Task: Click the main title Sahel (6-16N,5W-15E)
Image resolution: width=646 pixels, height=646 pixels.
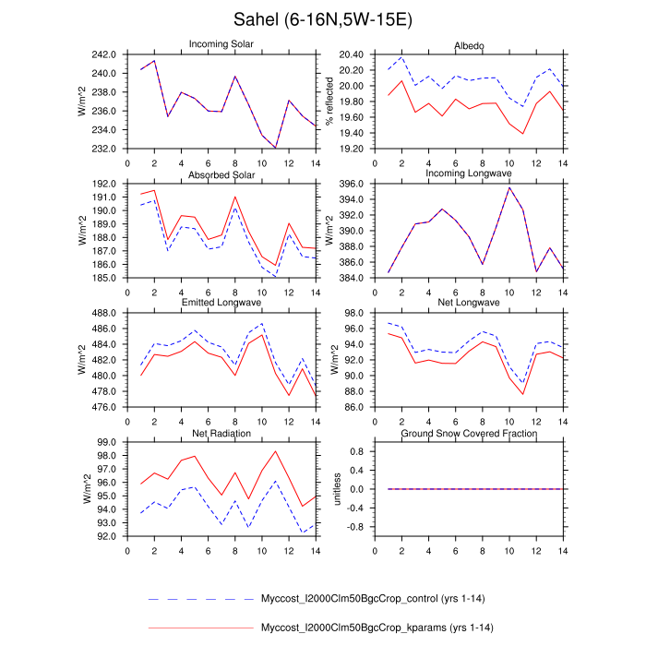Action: tap(322, 19)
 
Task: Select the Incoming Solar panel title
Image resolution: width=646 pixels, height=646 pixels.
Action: tap(221, 44)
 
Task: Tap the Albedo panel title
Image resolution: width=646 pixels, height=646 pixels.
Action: tap(469, 45)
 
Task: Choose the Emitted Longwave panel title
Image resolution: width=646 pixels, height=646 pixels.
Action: tap(221, 303)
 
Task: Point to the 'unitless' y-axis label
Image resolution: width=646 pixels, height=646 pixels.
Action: tap(338, 489)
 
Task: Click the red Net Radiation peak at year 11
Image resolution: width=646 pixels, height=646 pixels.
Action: tap(276, 451)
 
